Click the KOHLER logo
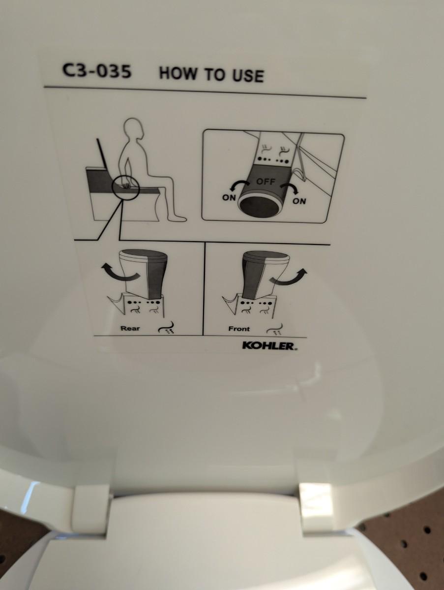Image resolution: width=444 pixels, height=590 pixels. tap(269, 345)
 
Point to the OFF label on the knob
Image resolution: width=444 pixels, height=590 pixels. tap(266, 182)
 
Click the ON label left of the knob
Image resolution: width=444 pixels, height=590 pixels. tap(229, 198)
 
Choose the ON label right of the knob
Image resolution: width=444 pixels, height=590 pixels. tap(299, 201)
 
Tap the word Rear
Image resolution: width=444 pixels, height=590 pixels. tap(130, 329)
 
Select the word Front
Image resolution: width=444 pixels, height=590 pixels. tap(239, 329)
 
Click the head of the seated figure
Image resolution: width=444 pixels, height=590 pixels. tap(134, 130)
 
